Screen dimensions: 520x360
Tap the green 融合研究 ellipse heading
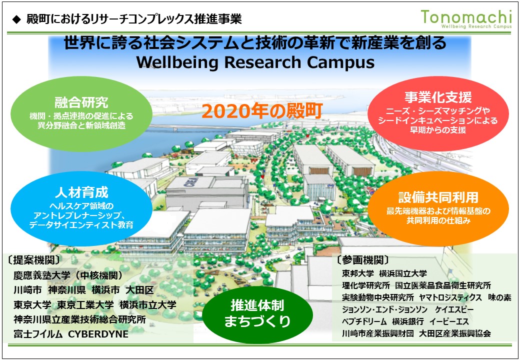81,102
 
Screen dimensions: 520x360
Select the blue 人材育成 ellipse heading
81,192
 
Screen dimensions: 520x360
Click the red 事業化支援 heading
438,97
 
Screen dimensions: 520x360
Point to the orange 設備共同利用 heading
438,197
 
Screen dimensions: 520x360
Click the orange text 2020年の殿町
262,111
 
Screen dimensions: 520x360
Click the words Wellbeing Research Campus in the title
255,62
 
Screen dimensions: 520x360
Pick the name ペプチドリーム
364,321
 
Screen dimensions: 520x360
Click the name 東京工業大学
85,305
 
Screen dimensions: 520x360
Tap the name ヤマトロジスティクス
450,297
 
